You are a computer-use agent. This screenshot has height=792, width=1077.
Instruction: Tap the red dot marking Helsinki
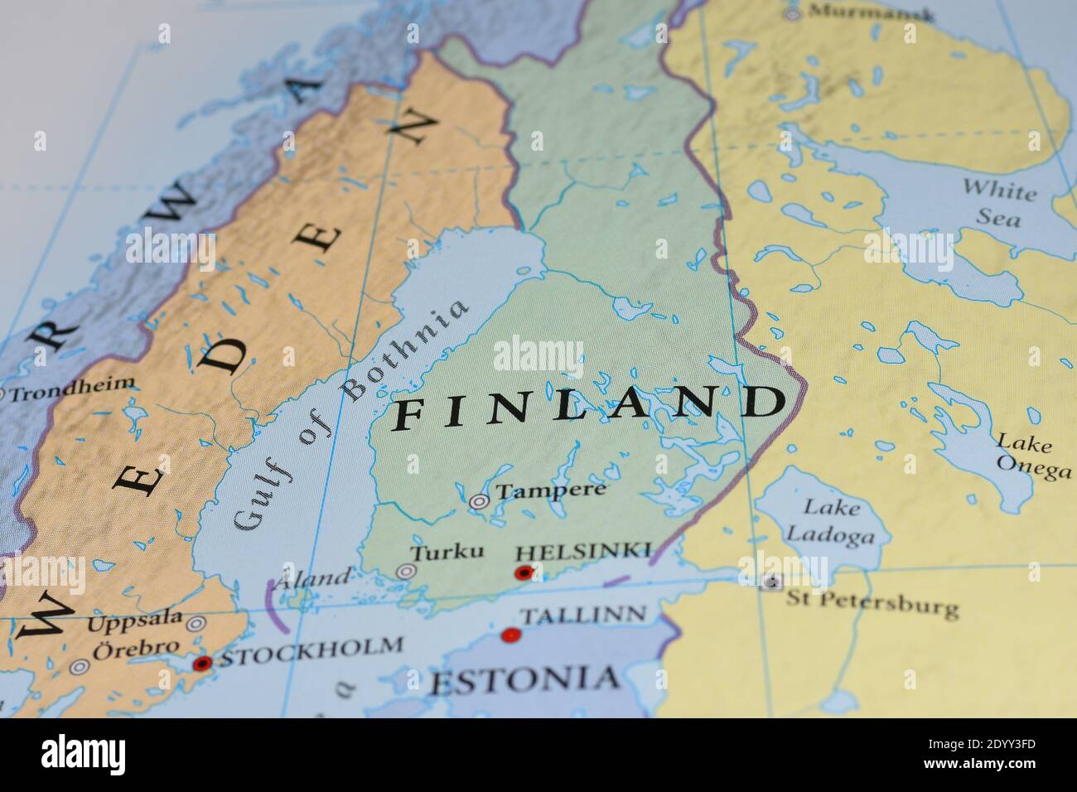[523, 572]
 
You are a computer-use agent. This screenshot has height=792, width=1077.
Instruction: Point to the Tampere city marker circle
[479, 501]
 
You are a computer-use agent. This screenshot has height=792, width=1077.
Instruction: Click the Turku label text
[447, 551]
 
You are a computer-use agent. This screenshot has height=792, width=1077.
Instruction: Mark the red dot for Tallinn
[511, 635]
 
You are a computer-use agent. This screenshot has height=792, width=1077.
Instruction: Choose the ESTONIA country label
[524, 679]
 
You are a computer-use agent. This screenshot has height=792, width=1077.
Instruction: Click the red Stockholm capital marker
[201, 663]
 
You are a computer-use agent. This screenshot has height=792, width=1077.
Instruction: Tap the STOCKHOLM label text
[312, 651]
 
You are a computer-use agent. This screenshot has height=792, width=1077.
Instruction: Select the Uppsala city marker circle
[196, 624]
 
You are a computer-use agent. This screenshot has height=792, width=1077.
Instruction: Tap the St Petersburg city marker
[772, 582]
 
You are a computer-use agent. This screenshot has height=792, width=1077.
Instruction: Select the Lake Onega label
[1031, 456]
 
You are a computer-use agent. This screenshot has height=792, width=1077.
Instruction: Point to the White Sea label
[998, 202]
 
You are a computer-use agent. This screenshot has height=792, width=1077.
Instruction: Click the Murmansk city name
[870, 13]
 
